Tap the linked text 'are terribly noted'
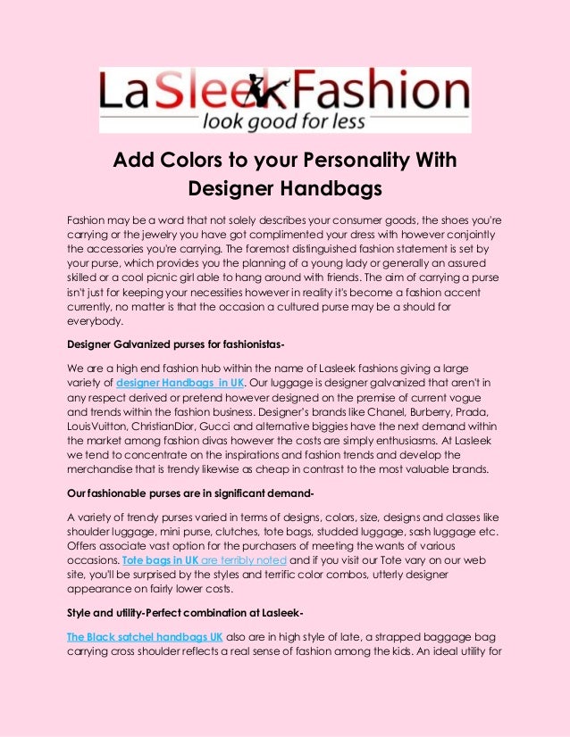point(243,559)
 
